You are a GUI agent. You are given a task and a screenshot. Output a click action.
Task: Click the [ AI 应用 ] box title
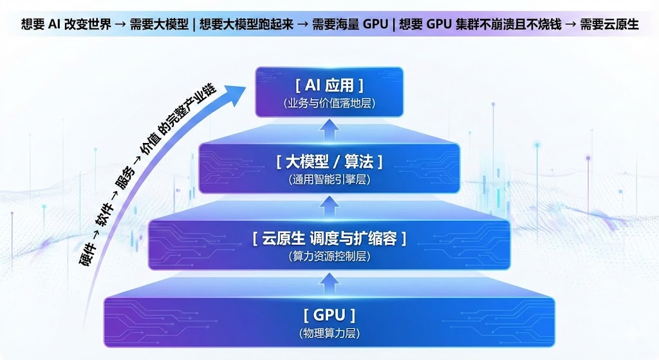(x=329, y=85)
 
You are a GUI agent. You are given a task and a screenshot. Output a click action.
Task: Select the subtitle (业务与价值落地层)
(x=329, y=103)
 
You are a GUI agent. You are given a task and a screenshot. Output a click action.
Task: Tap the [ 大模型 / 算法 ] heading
(x=329, y=162)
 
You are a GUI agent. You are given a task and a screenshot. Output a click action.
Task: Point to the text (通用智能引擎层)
(x=329, y=180)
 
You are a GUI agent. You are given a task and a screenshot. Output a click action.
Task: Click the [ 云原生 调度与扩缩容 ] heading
(x=329, y=238)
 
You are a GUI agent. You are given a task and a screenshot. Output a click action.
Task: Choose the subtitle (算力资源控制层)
(x=329, y=256)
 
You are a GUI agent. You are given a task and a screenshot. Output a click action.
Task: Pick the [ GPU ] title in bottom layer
(x=329, y=315)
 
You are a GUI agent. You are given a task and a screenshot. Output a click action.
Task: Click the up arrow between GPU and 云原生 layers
(x=329, y=281)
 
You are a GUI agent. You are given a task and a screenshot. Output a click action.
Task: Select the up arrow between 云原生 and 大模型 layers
(x=329, y=205)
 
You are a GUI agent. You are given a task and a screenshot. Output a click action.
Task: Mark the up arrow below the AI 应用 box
(x=329, y=131)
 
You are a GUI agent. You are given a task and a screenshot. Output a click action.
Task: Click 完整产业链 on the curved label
(x=193, y=116)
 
